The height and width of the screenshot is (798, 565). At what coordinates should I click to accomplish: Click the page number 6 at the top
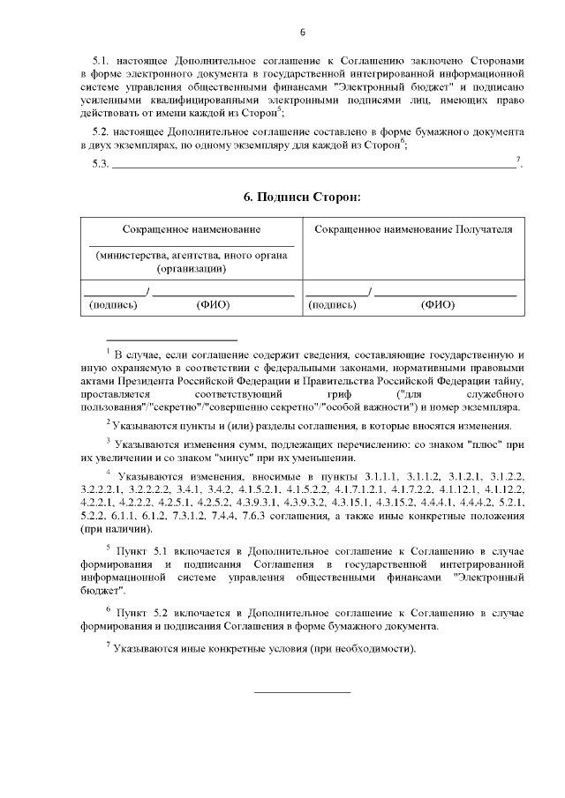point(302,34)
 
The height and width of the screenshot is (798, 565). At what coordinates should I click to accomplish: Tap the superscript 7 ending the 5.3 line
point(518,160)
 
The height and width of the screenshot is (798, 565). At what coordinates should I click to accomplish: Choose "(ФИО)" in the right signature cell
point(438,305)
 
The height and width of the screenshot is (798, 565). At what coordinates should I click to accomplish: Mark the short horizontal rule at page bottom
point(302,691)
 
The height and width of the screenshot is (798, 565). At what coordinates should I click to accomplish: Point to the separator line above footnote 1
point(171,339)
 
